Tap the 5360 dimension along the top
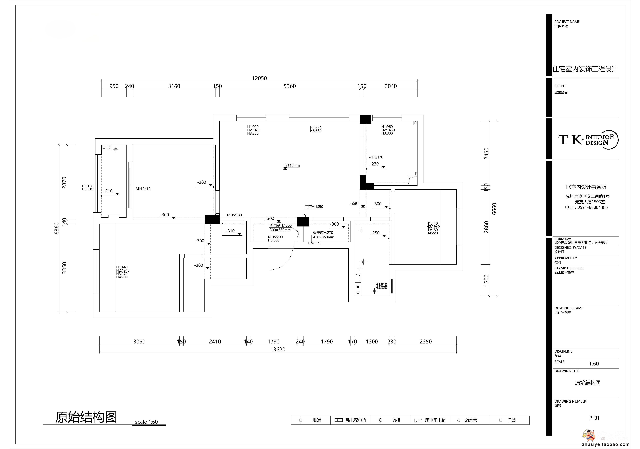point(290,86)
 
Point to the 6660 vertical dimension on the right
point(494,209)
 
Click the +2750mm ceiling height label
point(292,166)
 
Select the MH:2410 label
point(143,189)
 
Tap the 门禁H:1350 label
point(314,207)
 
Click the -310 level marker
point(230,231)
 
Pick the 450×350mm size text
point(323,237)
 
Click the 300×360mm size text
point(280,230)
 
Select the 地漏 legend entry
point(316,420)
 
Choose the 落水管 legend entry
point(471,420)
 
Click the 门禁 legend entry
point(511,420)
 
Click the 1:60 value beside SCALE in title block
point(594,364)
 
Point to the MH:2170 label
point(376,157)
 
